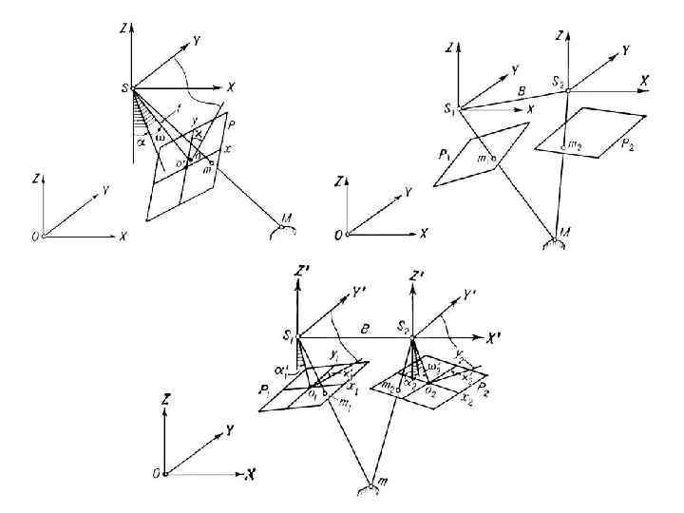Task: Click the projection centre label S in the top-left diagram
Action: [124, 88]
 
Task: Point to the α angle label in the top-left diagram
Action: [142, 143]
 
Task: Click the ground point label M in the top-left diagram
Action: [286, 219]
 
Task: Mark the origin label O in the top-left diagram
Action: [34, 237]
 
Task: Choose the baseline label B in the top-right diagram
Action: [520, 91]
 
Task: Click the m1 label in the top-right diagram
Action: [484, 158]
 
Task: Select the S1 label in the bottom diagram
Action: [287, 333]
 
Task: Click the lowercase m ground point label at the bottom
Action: [383, 484]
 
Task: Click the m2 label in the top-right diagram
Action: [574, 145]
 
